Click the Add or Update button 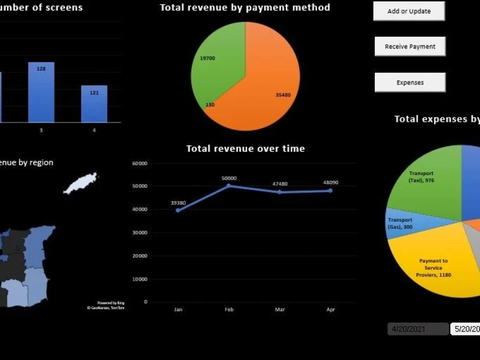pos(409,11)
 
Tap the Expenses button pos(410,83)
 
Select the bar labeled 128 pos(41,94)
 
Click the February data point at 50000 pos(229,186)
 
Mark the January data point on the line pos(178,210)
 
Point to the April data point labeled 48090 pos(331,191)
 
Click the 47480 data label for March pos(279,184)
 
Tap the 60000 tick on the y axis pos(140,164)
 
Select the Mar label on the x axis pos(280,310)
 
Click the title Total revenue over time pos(245,149)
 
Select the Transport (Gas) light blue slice pos(401,223)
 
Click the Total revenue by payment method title pos(245,8)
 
